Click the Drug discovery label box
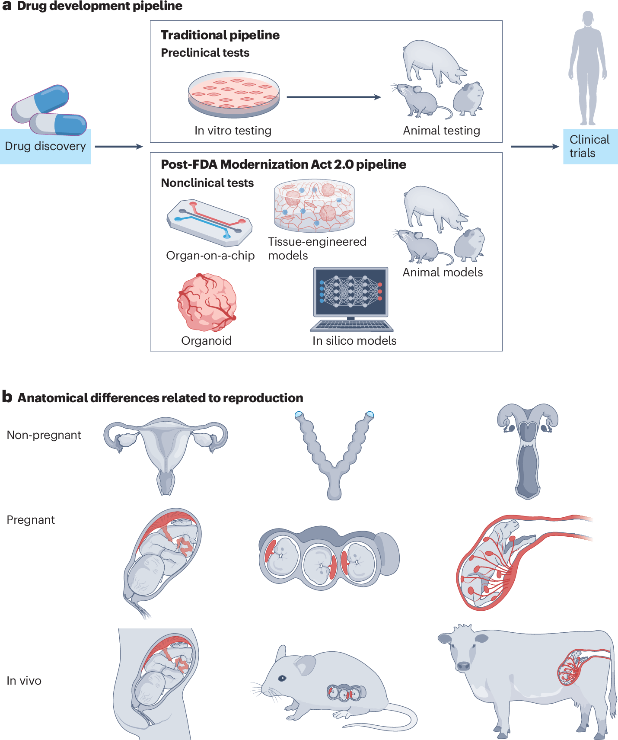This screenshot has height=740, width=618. pyautogui.click(x=45, y=146)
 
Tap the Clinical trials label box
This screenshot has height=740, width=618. pyautogui.click(x=589, y=146)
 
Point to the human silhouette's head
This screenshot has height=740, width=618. pyautogui.click(x=588, y=19)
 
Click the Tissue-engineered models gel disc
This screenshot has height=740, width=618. pyautogui.click(x=314, y=206)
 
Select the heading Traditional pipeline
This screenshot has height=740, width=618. pyautogui.click(x=220, y=35)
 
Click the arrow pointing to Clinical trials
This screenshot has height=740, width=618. pyautogui.click(x=535, y=147)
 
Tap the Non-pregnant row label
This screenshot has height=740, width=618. pyautogui.click(x=44, y=435)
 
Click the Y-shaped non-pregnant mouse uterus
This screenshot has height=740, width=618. pyautogui.click(x=334, y=454)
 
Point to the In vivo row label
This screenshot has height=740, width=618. pyautogui.click(x=24, y=681)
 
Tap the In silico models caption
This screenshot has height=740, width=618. pyautogui.click(x=354, y=341)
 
